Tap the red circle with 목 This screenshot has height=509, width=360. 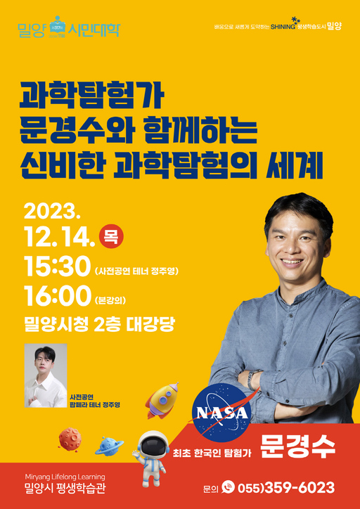coord(111,236)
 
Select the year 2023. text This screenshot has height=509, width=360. coord(53,211)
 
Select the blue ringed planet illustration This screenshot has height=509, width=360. coord(109,445)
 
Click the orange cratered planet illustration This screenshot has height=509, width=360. coord(70,439)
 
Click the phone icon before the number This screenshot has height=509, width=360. coord(228,487)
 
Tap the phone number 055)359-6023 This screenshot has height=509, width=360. coord(285,487)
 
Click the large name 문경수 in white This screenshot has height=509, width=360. coord(297,446)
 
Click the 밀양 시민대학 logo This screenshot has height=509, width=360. coord(69,30)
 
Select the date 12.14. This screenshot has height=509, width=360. coord(59,237)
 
